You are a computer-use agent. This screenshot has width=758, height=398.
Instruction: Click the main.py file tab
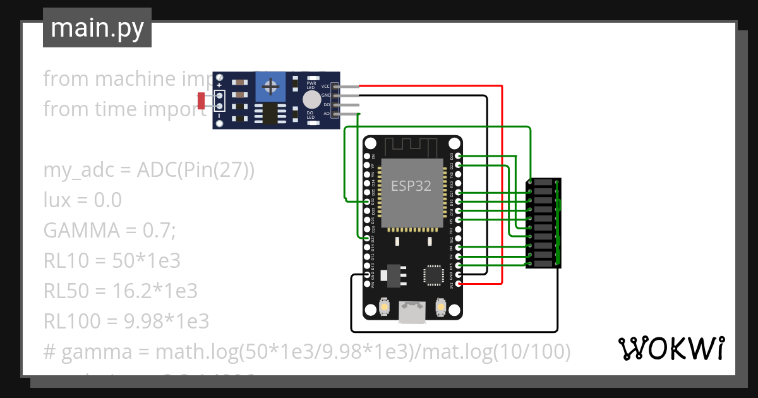click(97, 28)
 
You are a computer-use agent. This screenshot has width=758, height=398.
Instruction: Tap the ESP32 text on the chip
click(411, 186)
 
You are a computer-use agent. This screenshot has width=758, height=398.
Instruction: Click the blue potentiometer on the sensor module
click(272, 86)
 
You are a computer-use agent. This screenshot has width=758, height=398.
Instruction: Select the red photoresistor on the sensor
click(202, 100)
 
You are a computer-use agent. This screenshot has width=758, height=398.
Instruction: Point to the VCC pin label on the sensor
click(326, 86)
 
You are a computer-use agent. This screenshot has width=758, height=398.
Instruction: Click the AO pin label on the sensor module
click(327, 114)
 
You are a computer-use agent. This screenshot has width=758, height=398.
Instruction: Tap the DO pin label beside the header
click(327, 104)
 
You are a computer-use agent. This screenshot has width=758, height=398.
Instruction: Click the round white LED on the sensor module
click(311, 99)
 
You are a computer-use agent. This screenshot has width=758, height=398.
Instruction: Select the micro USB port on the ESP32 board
click(412, 312)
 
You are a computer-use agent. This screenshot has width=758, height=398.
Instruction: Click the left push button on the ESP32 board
click(384, 308)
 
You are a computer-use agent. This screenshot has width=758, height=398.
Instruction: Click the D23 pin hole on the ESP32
click(458, 155)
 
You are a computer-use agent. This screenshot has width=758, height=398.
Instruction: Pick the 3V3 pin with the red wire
click(458, 284)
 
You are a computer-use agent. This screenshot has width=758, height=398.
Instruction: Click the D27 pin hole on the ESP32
click(368, 238)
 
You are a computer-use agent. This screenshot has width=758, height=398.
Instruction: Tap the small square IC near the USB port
click(434, 275)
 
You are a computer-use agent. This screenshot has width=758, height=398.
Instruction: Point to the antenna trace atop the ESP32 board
click(411, 147)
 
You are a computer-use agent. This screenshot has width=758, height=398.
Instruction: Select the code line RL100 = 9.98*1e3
click(126, 322)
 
